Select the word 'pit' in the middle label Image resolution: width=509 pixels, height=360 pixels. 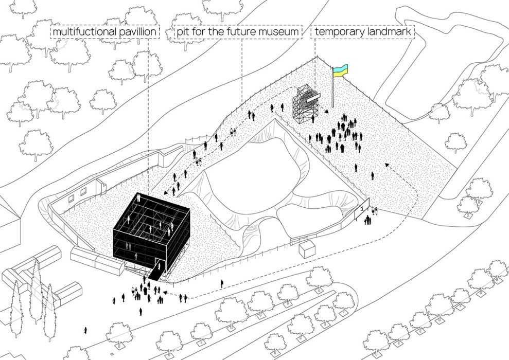182,32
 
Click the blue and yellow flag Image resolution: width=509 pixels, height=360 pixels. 341,70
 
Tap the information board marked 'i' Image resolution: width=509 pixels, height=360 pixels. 362,209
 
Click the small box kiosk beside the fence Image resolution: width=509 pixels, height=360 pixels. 307,249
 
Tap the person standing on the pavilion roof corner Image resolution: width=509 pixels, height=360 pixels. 139,197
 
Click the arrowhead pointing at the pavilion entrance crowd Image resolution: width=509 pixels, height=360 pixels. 165,293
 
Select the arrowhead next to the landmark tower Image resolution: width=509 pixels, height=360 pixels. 326,111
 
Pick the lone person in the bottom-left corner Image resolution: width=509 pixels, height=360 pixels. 85,331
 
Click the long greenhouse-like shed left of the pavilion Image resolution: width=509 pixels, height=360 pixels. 97,260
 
